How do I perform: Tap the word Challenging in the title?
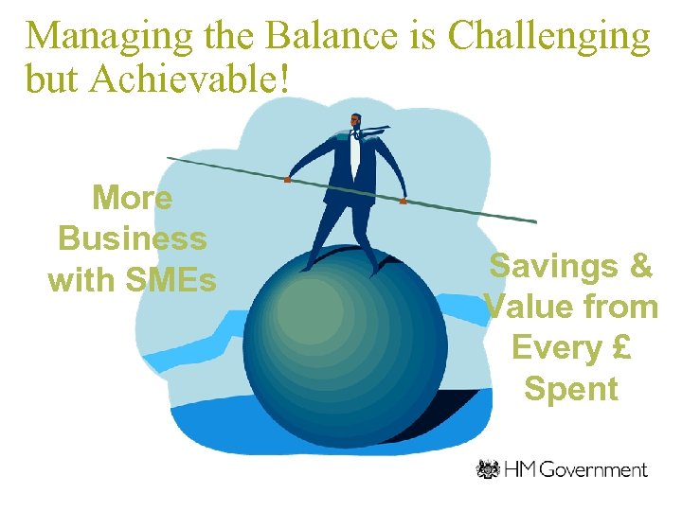pyautogui.click(x=548, y=36)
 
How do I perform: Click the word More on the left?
pyautogui.click(x=132, y=198)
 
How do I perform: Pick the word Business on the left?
pyautogui.click(x=132, y=238)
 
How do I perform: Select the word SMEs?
pyautogui.click(x=173, y=280)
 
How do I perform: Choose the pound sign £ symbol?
pyautogui.click(x=620, y=348)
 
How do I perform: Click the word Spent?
pyautogui.click(x=570, y=389)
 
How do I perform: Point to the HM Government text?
pyautogui.click(x=578, y=469)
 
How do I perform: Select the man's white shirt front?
pyautogui.click(x=355, y=156)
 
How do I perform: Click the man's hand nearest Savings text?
pyautogui.click(x=404, y=201)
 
